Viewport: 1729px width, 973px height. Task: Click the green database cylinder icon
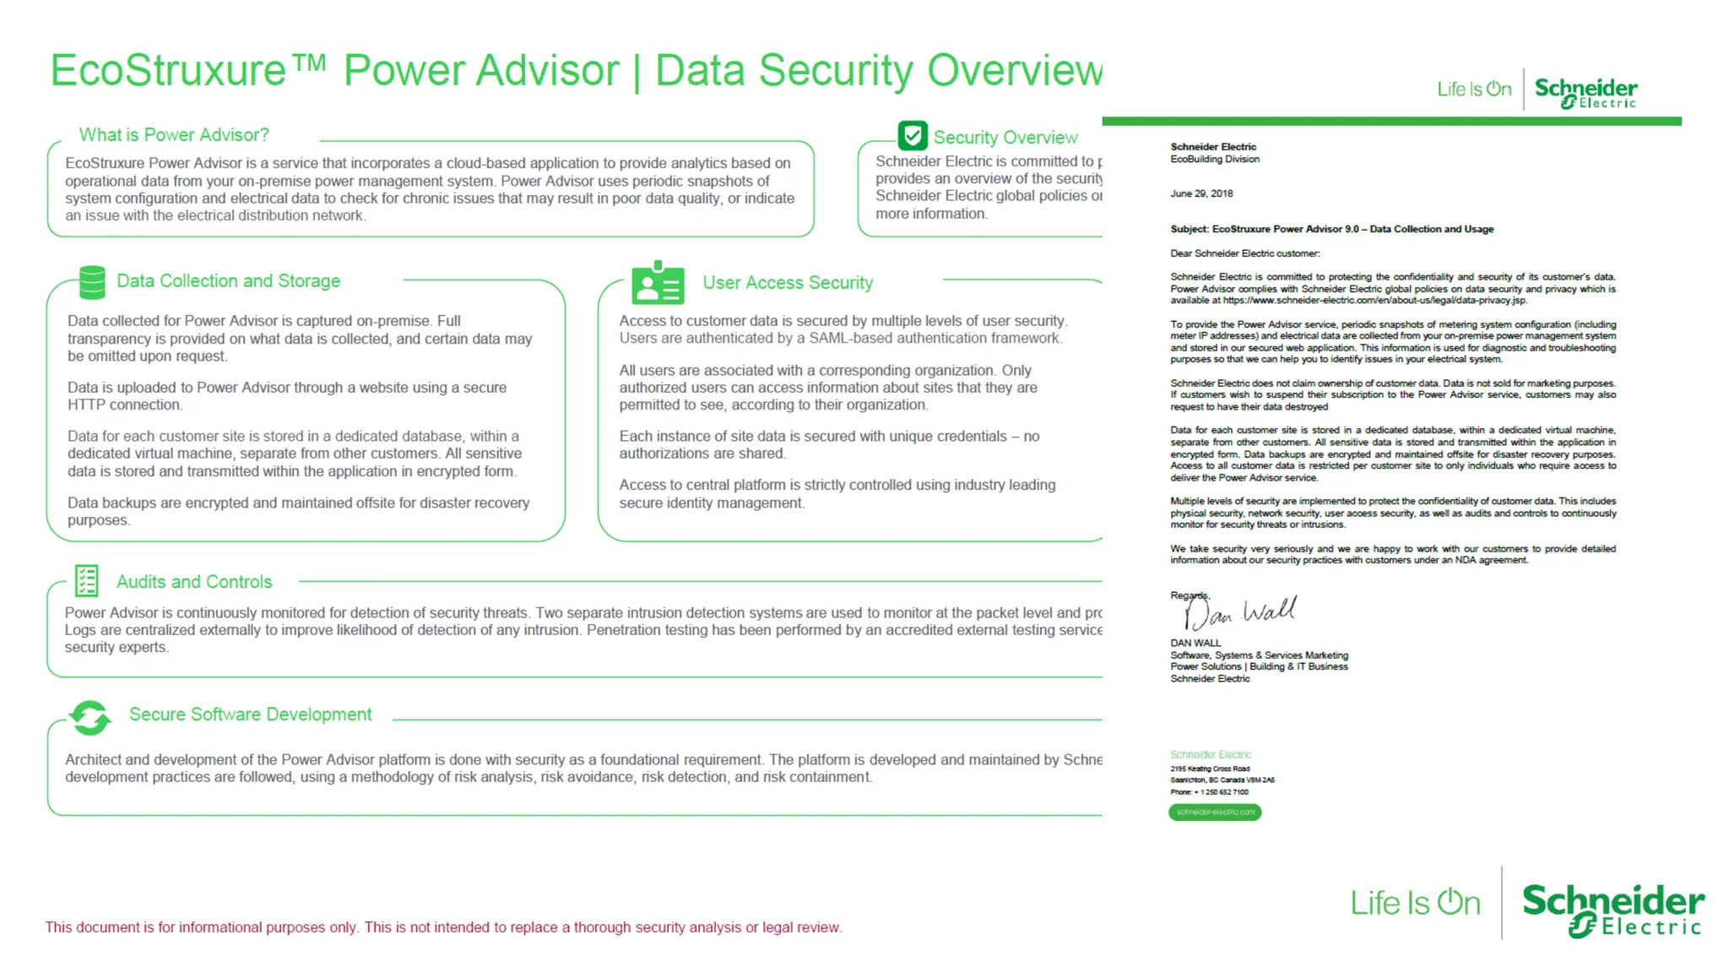pyautogui.click(x=92, y=282)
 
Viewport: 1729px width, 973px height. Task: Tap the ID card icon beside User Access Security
pyautogui.click(x=657, y=283)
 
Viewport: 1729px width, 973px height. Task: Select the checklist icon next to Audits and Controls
pyautogui.click(x=86, y=580)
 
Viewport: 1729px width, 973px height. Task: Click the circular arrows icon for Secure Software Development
pyautogui.click(x=89, y=717)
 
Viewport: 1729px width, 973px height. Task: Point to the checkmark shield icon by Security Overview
pyautogui.click(x=912, y=136)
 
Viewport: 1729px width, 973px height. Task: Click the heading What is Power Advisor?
pyautogui.click(x=174, y=135)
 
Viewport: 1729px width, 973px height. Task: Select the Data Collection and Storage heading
pyautogui.click(x=228, y=281)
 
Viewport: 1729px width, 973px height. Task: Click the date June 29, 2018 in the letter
pyautogui.click(x=1201, y=193)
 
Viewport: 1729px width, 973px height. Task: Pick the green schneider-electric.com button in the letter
pyautogui.click(x=1214, y=812)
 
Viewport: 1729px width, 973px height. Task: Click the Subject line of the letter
pyautogui.click(x=1331, y=229)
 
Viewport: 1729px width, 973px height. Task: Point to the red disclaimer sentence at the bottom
pyautogui.click(x=443, y=927)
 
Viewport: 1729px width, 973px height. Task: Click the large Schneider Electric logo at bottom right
pyautogui.click(x=1612, y=910)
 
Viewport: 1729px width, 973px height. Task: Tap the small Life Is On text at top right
pyautogui.click(x=1473, y=90)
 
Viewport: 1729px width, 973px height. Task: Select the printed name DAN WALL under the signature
pyautogui.click(x=1195, y=643)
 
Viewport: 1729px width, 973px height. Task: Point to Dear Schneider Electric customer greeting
pyautogui.click(x=1244, y=253)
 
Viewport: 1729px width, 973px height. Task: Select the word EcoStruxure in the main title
pyautogui.click(x=169, y=71)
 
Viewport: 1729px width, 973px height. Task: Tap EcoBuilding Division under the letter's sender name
pyautogui.click(x=1214, y=159)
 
